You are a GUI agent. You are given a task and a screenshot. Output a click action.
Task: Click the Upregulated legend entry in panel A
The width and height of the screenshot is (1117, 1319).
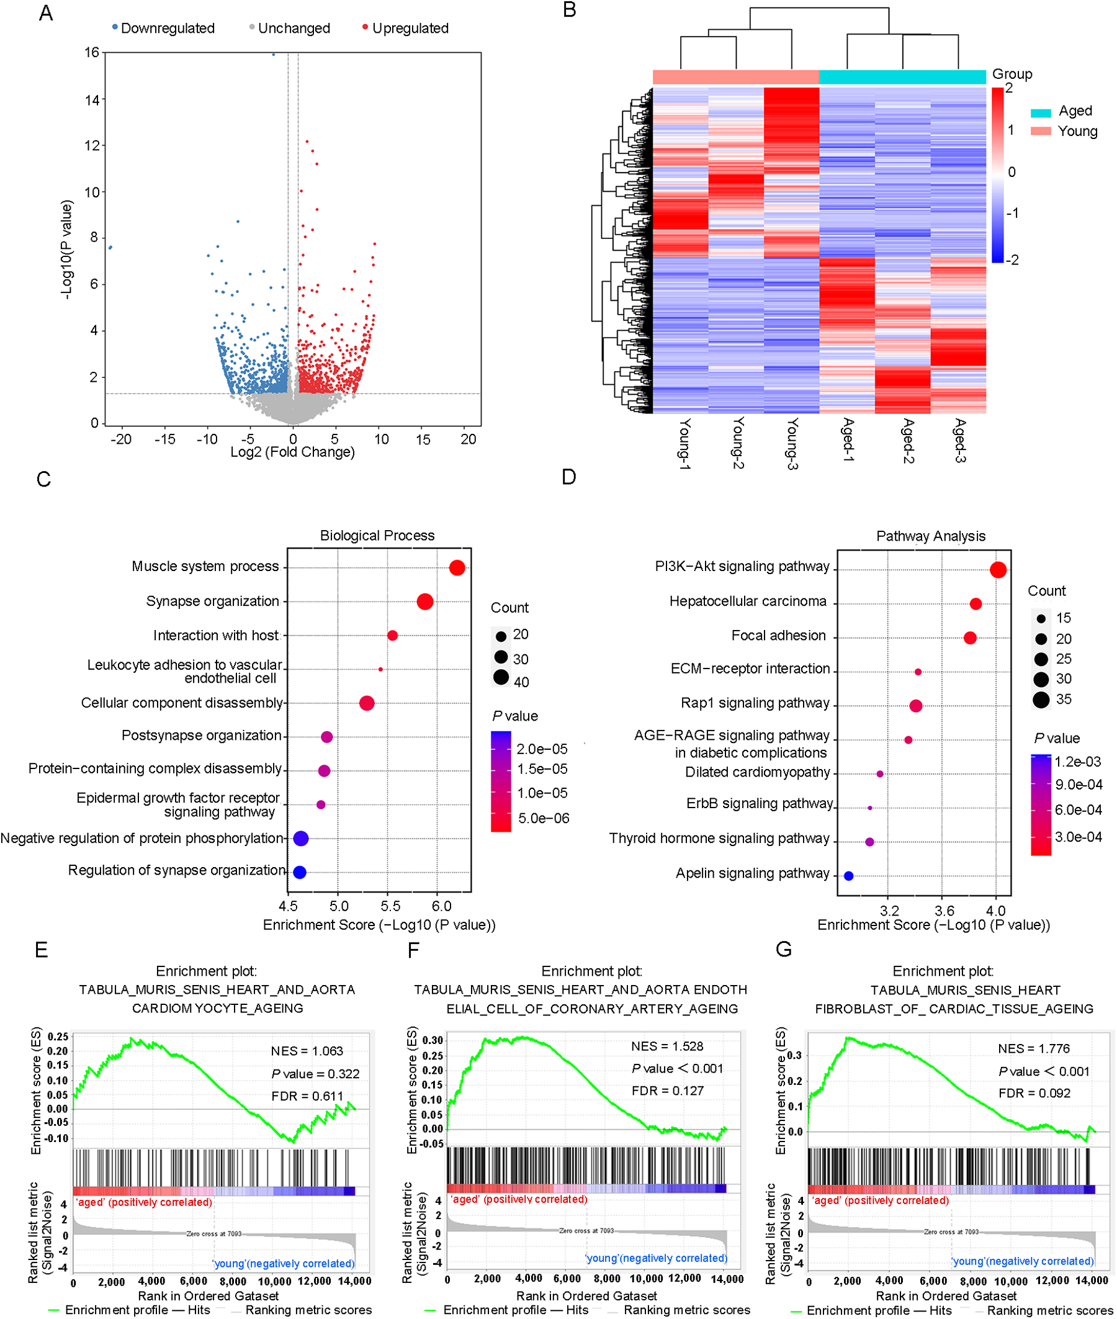(409, 29)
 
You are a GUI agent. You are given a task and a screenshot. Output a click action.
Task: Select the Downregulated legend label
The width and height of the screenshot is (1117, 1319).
(167, 29)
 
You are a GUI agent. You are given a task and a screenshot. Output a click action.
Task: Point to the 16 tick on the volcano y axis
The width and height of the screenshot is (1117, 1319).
(92, 53)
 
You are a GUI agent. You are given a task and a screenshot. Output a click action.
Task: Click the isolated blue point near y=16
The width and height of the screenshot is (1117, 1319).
(274, 55)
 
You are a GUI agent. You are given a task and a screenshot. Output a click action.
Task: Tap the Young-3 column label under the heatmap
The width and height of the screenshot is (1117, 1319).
(792, 443)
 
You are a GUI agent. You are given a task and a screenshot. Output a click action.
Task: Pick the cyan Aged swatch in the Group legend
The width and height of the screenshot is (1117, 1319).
(1041, 113)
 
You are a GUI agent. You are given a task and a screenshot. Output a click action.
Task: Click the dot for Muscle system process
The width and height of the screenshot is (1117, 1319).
(457, 568)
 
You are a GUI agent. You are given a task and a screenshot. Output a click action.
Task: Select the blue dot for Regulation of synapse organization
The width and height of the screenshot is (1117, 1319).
(300, 872)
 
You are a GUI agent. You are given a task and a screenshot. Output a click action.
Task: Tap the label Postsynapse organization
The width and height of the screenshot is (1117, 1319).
(201, 735)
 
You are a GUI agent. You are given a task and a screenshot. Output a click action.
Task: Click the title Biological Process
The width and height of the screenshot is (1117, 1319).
(377, 536)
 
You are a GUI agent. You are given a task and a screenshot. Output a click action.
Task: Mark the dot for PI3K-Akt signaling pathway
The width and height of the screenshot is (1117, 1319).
(998, 570)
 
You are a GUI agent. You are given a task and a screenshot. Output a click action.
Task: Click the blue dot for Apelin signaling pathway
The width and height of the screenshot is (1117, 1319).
(848, 876)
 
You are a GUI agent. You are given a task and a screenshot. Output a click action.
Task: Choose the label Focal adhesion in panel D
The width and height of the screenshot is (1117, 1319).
(778, 636)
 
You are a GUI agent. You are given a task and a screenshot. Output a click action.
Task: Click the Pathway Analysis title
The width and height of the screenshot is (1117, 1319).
(930, 536)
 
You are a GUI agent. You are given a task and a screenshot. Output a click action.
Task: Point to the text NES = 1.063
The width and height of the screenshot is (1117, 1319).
(307, 1051)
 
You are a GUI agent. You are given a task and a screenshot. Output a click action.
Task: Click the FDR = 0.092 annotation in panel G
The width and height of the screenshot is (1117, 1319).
(1034, 1093)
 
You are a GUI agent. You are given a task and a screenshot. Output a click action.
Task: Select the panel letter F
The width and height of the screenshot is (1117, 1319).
(413, 950)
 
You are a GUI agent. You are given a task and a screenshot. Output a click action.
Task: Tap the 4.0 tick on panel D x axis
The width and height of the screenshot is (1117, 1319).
(995, 911)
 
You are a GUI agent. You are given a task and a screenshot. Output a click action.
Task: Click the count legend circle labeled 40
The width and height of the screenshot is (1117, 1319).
(501, 678)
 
